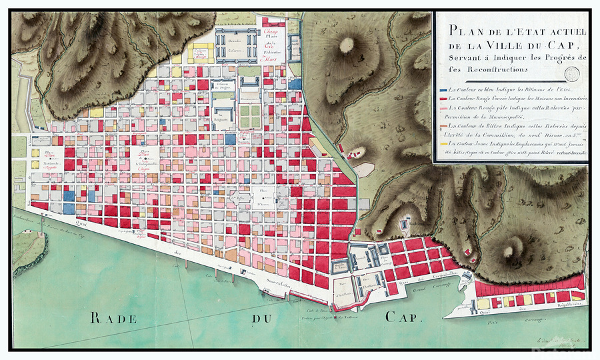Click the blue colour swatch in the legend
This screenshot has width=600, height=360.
pyautogui.click(x=443, y=89)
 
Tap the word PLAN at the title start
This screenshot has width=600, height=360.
pyautogui.click(x=463, y=29)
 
